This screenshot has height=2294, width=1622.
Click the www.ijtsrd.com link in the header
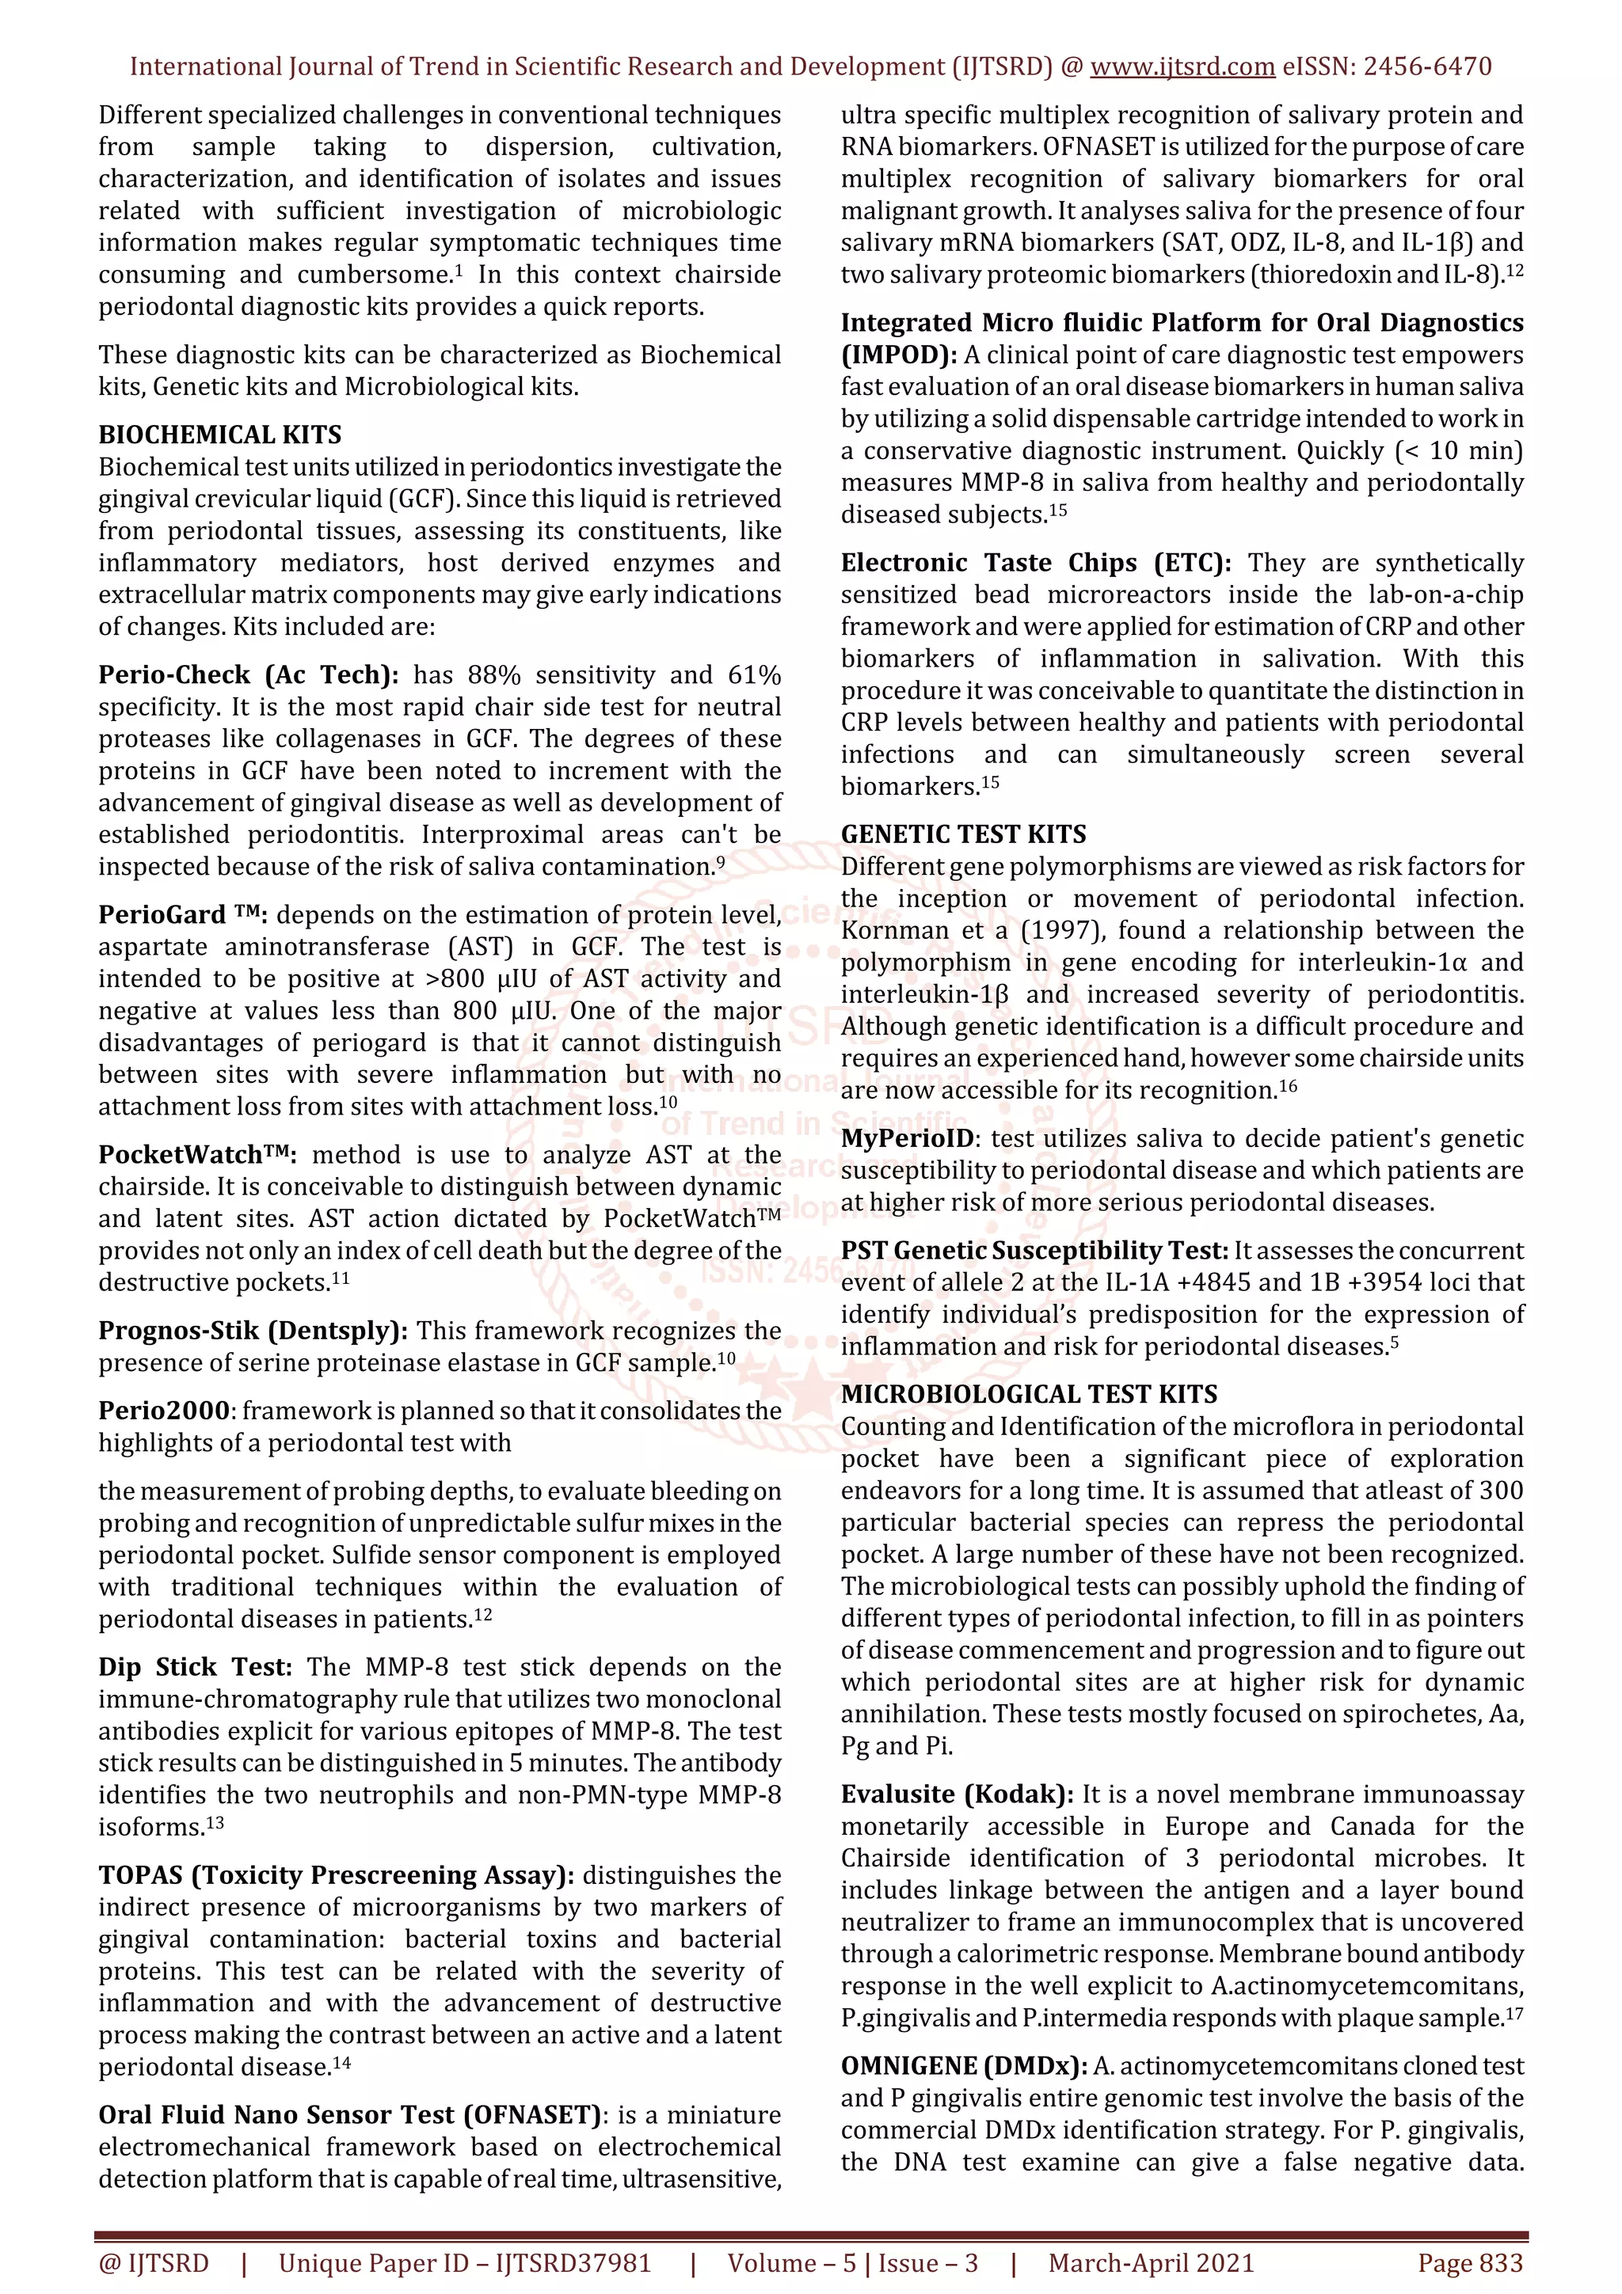(1182, 67)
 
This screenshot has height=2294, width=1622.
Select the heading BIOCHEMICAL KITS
(220, 435)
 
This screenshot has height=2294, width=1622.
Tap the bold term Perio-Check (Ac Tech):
(248, 674)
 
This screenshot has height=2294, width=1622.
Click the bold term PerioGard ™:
(187, 914)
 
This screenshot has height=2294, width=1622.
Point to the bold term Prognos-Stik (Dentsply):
(253, 1331)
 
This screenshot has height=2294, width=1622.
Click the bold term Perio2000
(164, 1411)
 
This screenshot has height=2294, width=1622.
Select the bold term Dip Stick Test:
(195, 1666)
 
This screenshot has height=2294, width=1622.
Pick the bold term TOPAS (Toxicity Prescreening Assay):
(337, 1874)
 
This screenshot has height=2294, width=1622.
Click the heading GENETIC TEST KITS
(963, 834)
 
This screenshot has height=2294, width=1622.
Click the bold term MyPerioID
(908, 1138)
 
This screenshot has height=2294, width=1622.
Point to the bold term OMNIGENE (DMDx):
(965, 2066)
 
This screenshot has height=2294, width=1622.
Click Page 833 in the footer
(1469, 2263)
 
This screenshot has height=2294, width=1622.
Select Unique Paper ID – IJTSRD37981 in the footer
(465, 2263)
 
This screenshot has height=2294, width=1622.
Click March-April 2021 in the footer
(1150, 2263)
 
